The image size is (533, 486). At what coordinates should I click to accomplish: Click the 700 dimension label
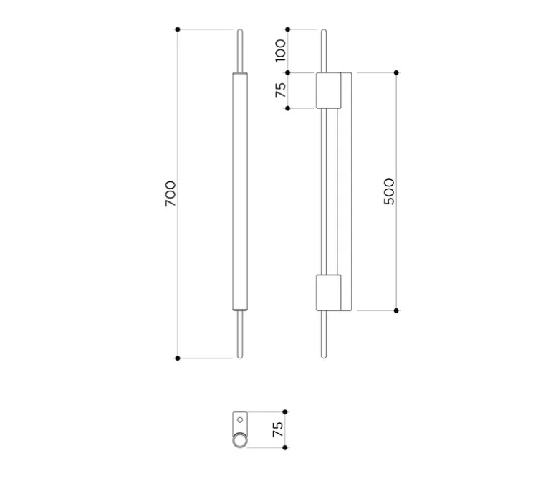point(171,194)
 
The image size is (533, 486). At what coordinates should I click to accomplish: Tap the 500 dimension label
point(389,191)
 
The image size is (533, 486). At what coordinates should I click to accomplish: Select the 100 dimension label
point(281,51)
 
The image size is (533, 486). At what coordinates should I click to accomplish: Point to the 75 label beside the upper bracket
point(281,90)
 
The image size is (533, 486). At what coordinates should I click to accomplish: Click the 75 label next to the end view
point(278,429)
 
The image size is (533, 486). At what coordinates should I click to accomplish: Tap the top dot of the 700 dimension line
point(178,29)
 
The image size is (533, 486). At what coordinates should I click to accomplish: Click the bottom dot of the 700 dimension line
point(178,358)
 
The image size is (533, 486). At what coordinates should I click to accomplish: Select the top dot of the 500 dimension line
point(396,73)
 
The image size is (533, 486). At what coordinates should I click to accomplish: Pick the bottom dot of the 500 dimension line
point(396,310)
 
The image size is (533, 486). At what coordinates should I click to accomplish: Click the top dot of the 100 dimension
point(287,29)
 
